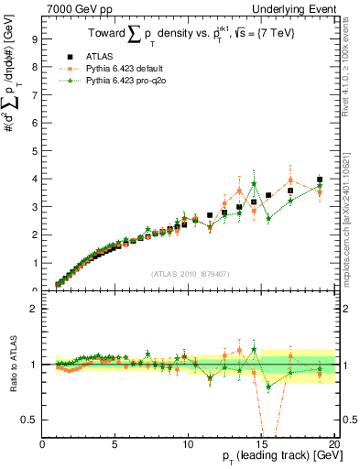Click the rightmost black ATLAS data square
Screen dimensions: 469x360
pos(319,180)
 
